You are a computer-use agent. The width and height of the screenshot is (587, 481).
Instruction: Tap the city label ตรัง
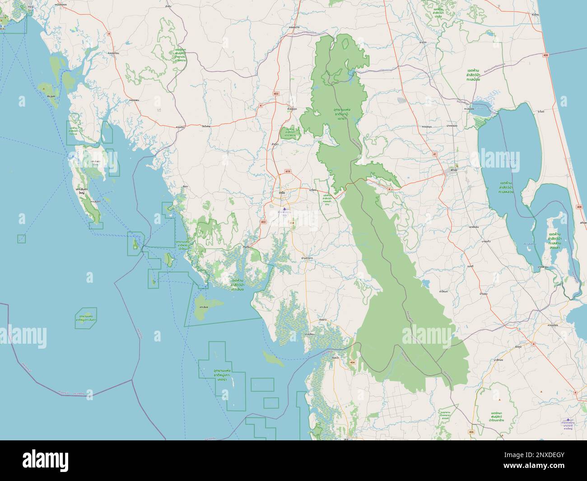click(282, 193)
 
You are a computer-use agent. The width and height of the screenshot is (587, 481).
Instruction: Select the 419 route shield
click(288, 172)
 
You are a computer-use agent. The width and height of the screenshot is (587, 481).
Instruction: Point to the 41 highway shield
click(435, 154)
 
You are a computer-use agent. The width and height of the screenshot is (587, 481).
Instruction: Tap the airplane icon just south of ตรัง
click(284, 209)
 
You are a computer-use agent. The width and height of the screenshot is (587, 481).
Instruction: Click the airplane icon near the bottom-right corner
click(568, 420)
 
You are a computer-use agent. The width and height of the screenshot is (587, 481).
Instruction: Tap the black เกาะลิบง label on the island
click(203, 307)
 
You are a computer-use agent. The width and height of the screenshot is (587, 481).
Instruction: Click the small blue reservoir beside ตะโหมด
click(426, 283)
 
